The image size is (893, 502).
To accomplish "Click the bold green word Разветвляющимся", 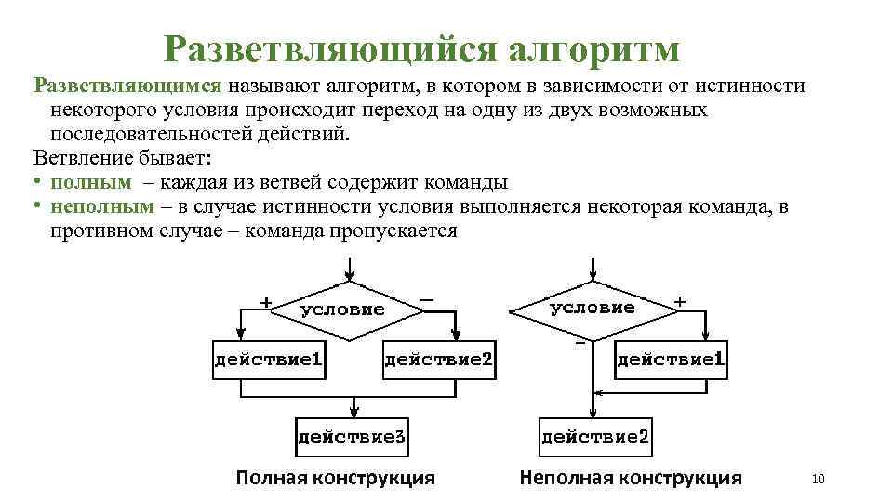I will pyautogui.click(x=127, y=86).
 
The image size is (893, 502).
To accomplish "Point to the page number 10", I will pyautogui.click(x=819, y=479).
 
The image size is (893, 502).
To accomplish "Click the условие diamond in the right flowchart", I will pyautogui.click(x=593, y=308).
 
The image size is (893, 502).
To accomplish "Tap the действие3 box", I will pyautogui.click(x=353, y=435).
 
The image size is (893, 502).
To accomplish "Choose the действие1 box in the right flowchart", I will pyautogui.click(x=672, y=359).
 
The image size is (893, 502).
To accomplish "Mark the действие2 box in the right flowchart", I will pyautogui.click(x=595, y=435).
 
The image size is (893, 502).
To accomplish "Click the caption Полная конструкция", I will pyautogui.click(x=335, y=478).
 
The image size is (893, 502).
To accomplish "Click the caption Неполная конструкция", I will pyautogui.click(x=631, y=478).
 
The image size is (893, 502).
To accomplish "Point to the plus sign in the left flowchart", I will pyautogui.click(x=266, y=301).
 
